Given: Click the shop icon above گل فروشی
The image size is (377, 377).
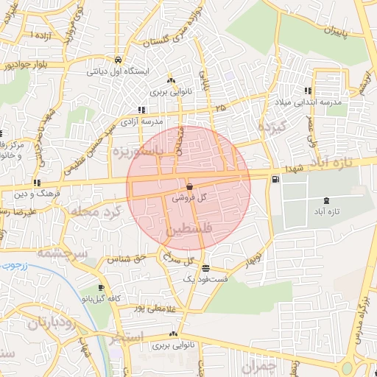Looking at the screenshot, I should point(191,187).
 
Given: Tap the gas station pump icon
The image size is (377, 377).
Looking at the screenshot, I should point(275,178).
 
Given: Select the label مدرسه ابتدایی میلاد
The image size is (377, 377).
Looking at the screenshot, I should point(309,103).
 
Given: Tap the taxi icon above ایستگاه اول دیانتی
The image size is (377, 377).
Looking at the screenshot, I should point(119,60).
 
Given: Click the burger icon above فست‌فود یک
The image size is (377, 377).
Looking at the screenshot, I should point(205,269).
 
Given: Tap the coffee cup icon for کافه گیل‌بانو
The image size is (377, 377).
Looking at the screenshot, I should point(100,288).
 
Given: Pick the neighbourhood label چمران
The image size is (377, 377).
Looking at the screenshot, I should point(261,366).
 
